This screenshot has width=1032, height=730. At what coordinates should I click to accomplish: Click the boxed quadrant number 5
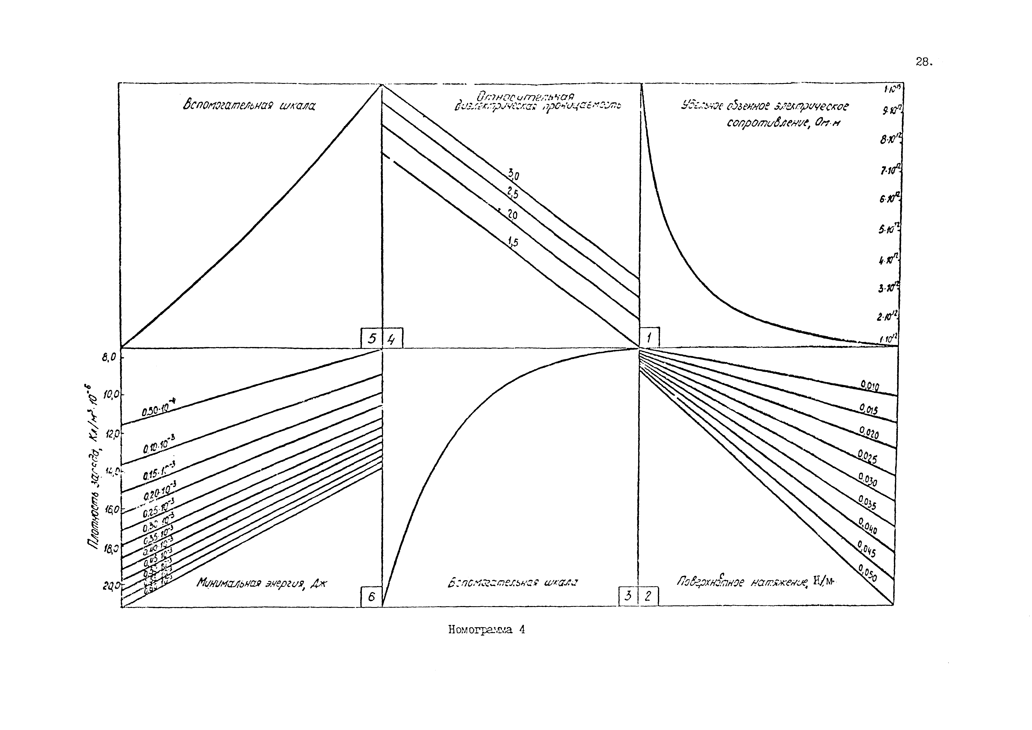(371, 338)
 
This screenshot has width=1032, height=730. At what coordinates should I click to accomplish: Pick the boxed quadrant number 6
(371, 597)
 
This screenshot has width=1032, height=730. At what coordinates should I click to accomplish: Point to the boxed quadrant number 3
(628, 596)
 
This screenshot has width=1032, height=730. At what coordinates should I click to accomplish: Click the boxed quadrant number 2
(648, 596)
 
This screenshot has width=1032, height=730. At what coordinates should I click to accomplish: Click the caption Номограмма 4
(486, 630)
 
